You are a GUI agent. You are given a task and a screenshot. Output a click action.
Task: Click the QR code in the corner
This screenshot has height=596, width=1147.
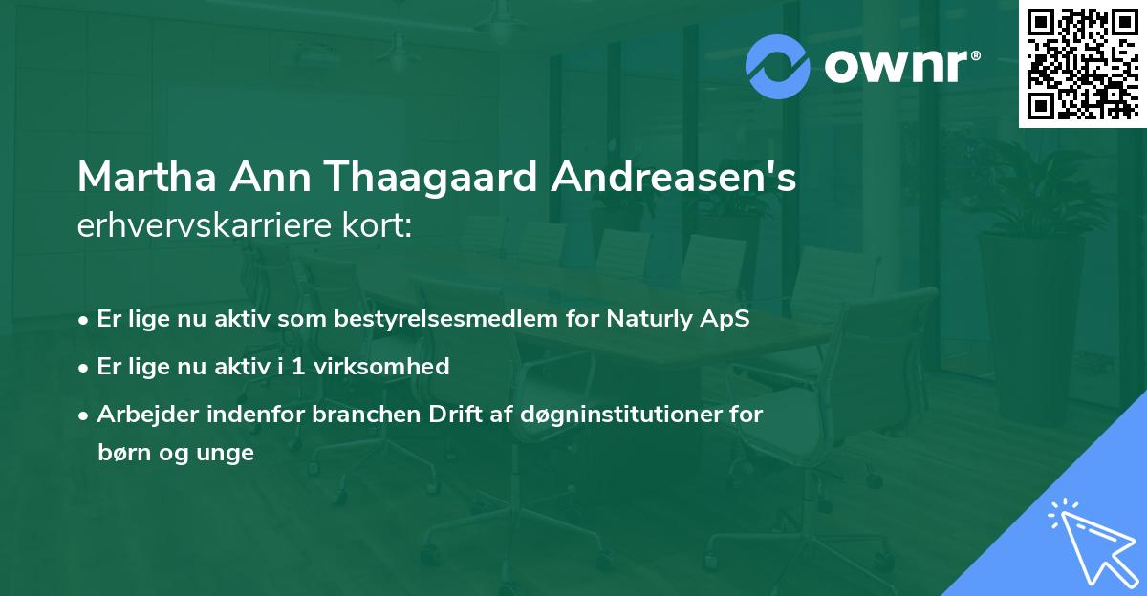(x=1082, y=64)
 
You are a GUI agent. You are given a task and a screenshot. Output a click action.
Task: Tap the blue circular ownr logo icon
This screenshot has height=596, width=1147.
(x=778, y=66)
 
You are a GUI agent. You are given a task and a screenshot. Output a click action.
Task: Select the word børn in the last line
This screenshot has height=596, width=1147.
(x=122, y=453)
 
